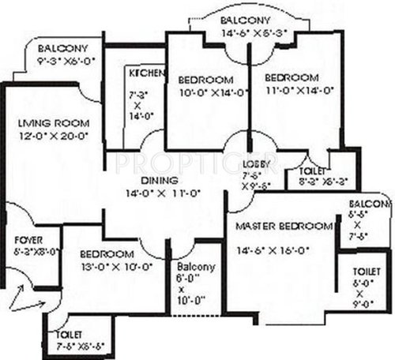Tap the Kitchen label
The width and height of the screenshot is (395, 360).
pos(147,73)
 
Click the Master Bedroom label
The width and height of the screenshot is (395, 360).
pos(285,227)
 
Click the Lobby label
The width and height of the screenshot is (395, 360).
pos(256,163)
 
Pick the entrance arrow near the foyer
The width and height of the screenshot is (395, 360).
pos(28,299)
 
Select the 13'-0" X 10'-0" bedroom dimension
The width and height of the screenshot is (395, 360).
pos(106,267)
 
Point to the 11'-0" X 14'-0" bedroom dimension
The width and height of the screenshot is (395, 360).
pos(292,91)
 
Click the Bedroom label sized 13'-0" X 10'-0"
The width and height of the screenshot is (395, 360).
pos(106,254)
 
